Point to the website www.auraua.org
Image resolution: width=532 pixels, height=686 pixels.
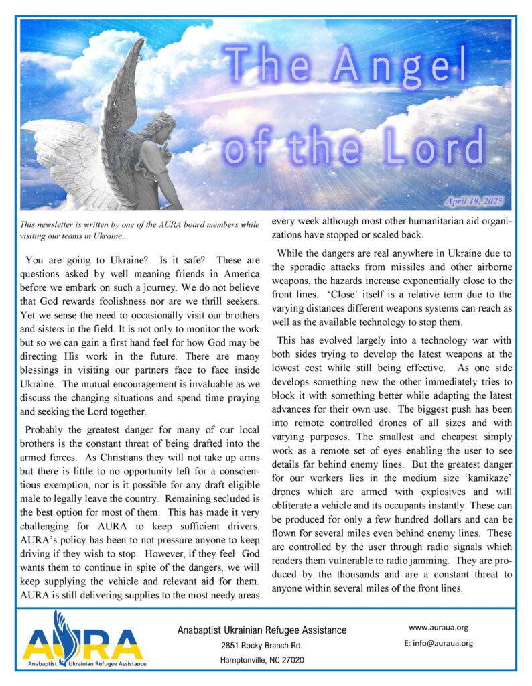(438, 628)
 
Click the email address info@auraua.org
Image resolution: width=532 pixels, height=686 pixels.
(438, 643)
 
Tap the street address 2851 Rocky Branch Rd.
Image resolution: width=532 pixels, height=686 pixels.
(261, 646)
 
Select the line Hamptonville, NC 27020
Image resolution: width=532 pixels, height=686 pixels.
(261, 660)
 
